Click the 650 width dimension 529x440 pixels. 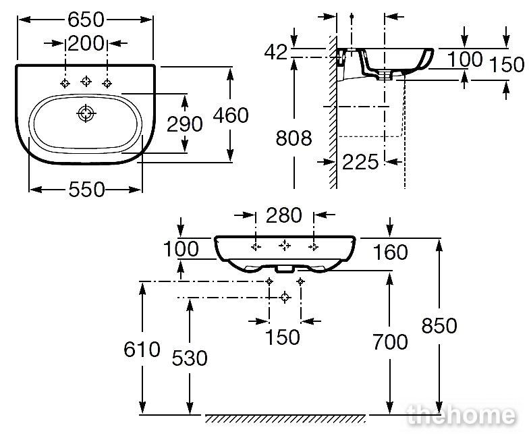[x=86, y=20]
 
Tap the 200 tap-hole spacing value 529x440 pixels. [x=86, y=43]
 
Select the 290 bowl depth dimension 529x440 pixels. [x=185, y=124]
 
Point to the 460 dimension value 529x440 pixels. [x=231, y=115]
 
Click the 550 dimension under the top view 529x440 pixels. [x=86, y=190]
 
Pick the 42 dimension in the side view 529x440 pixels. [x=275, y=53]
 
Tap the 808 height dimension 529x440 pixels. [x=294, y=138]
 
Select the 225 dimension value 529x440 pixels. [x=360, y=162]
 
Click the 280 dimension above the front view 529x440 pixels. [x=283, y=215]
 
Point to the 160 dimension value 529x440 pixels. [x=390, y=252]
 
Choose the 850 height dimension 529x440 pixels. [x=439, y=325]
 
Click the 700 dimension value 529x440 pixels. [x=390, y=341]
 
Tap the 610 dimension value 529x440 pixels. [x=142, y=350]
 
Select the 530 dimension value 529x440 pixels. [x=190, y=358]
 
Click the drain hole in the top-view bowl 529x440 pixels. [x=86, y=113]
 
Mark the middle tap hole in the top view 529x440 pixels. [x=86, y=81]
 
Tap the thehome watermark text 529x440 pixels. [x=462, y=414]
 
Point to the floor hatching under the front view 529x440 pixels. [x=285, y=418]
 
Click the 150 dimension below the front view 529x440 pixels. [x=283, y=337]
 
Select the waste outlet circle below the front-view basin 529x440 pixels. [x=285, y=298]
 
